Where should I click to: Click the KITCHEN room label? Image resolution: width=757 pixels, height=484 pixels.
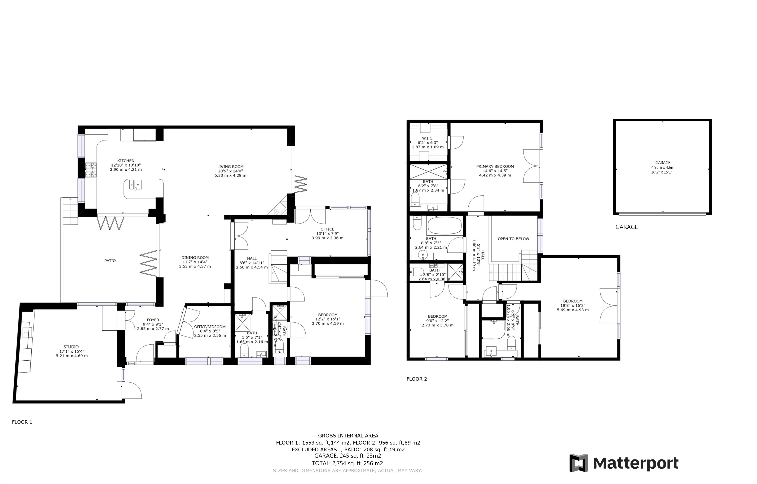(126, 161)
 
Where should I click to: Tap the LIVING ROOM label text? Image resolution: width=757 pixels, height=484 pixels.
(230, 167)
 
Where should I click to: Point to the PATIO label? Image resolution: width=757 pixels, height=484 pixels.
(110, 260)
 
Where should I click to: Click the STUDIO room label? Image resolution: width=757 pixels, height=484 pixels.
(71, 347)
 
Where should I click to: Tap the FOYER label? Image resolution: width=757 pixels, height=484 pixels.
(153, 320)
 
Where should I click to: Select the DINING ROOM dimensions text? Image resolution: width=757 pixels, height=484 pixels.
(195, 264)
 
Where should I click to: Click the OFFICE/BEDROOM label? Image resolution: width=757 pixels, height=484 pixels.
(210, 327)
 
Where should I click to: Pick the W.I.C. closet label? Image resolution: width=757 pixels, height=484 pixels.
(428, 138)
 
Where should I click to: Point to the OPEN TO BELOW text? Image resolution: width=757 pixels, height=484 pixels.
(513, 239)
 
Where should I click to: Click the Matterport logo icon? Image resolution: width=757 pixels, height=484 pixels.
(579, 463)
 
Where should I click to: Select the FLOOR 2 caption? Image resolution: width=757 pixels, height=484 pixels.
(417, 379)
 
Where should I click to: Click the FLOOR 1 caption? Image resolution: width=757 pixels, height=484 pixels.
(22, 422)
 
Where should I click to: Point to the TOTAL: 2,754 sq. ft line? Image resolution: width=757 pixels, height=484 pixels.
(347, 463)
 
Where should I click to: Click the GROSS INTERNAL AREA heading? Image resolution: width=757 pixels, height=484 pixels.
(348, 436)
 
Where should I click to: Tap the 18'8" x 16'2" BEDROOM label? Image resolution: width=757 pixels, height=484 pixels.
(573, 305)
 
